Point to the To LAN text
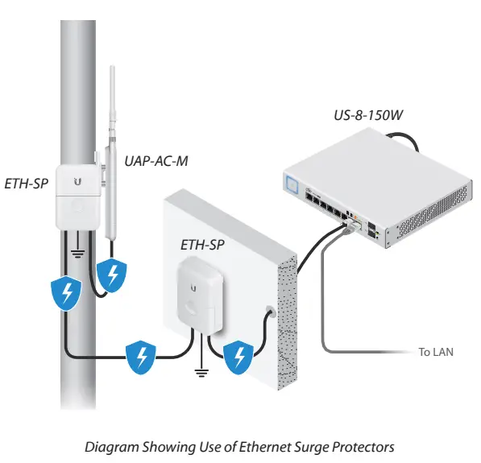436,352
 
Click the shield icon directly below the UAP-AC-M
112,275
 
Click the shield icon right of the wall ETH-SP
236,354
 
